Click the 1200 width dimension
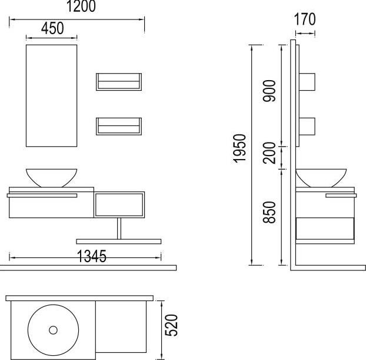click(81, 6)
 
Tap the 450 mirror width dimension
click(52, 28)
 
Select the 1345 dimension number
click(92, 256)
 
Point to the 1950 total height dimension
click(239, 148)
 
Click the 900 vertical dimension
click(269, 91)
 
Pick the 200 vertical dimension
click(269, 153)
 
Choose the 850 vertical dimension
click(269, 212)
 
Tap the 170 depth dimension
click(305, 19)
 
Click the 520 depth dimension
click(171, 325)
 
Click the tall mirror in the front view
click(51, 95)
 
